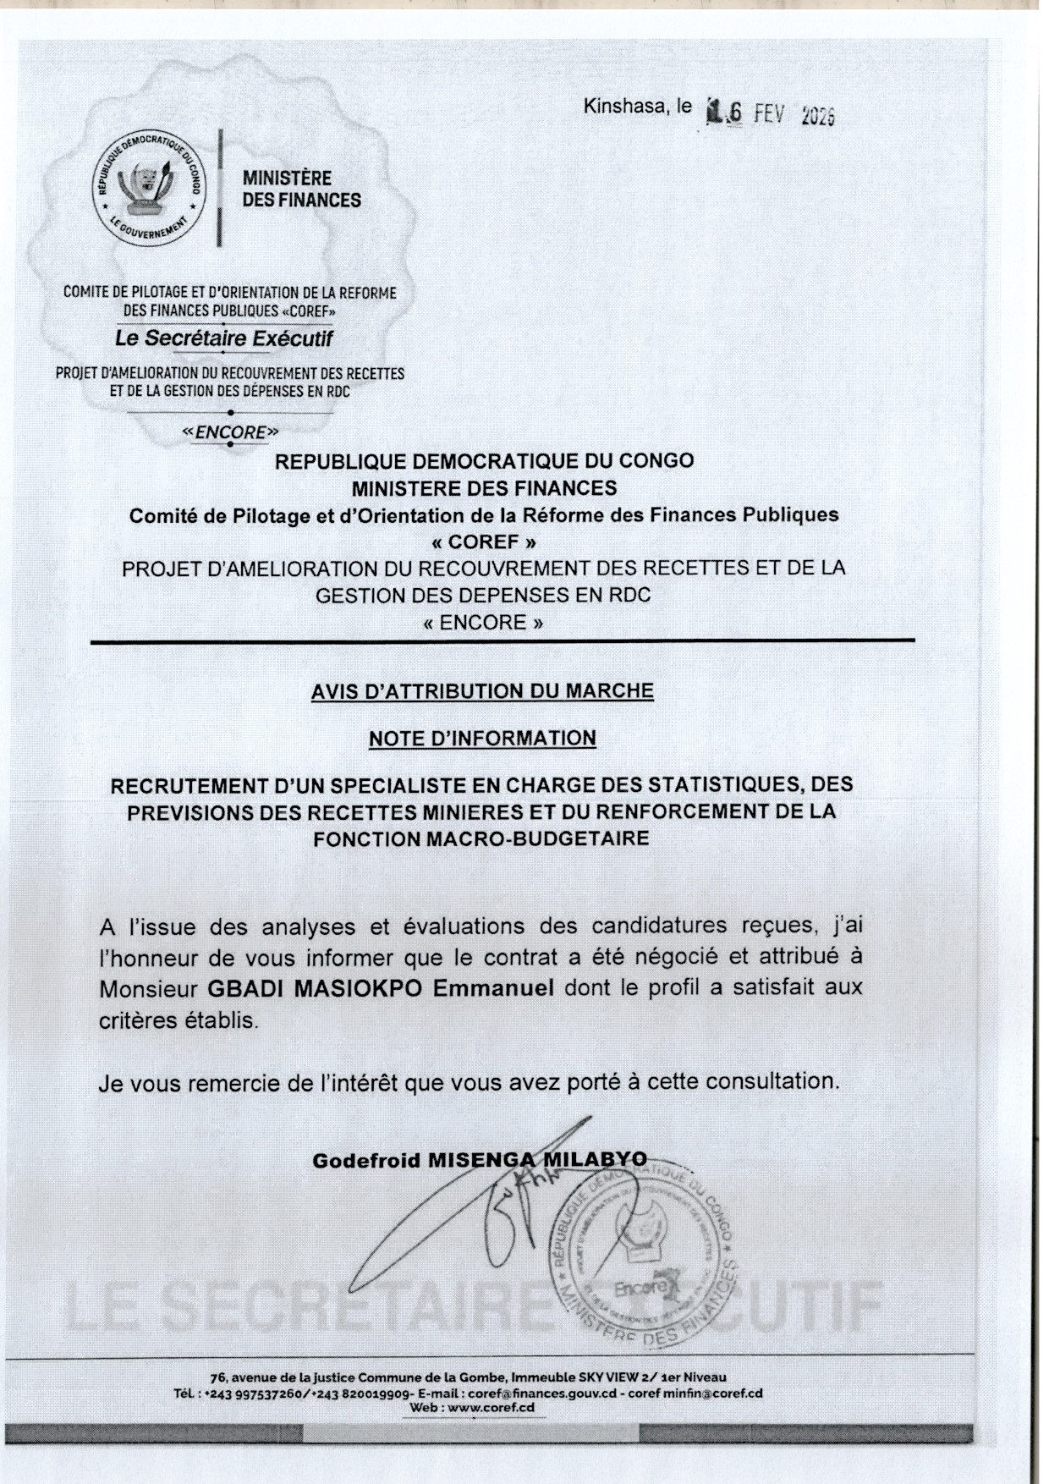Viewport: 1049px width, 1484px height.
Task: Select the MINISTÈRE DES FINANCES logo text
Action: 301,190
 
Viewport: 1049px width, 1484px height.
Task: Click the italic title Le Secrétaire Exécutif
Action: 224,338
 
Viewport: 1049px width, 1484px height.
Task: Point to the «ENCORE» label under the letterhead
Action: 230,432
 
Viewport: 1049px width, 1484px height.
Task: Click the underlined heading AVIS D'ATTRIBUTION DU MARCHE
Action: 482,691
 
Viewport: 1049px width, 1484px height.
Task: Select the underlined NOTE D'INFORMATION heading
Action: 482,739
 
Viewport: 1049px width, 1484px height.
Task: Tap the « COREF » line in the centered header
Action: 483,541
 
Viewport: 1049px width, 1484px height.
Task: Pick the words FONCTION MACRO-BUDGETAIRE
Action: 481,839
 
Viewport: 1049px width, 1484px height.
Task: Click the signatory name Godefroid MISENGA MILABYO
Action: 480,1160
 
